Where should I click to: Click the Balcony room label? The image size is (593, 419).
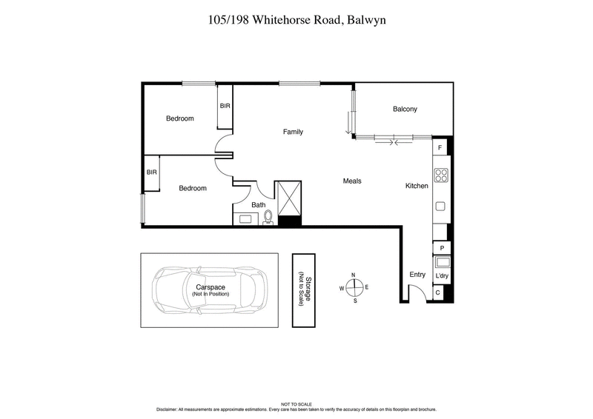click(x=405, y=110)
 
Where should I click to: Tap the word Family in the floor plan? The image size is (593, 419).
click(x=293, y=132)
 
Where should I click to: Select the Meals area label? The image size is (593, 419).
click(x=351, y=181)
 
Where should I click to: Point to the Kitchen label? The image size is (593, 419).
click(x=416, y=186)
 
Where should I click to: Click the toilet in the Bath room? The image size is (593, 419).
click(x=269, y=217)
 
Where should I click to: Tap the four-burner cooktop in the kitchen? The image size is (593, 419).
click(x=440, y=175)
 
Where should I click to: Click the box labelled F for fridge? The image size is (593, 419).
click(x=440, y=148)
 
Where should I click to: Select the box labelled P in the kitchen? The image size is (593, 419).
click(x=441, y=248)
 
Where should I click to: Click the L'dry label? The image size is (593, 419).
click(x=441, y=276)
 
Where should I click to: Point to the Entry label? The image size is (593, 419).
click(x=417, y=275)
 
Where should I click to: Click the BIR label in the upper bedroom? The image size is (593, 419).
click(x=225, y=106)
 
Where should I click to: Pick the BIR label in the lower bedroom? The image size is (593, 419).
click(x=152, y=172)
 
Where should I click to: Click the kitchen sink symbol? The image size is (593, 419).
click(x=440, y=207)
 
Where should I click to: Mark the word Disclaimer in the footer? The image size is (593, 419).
click(x=170, y=409)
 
